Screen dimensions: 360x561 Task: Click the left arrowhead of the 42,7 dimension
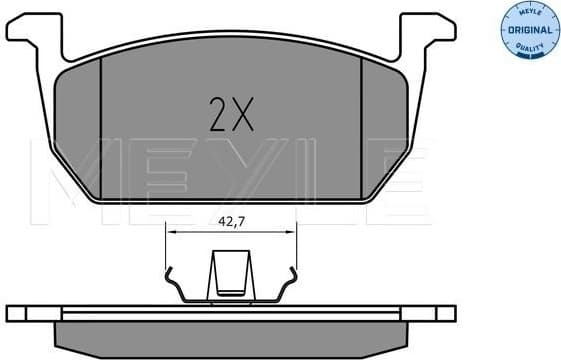pyautogui.click(x=171, y=230)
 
